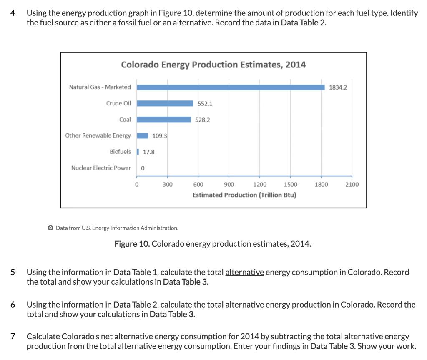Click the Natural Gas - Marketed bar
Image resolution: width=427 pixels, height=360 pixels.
[231, 87]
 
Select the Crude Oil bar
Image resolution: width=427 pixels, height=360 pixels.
[165, 103]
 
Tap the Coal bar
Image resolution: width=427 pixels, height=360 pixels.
[164, 120]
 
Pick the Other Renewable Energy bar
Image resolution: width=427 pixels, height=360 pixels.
[143, 135]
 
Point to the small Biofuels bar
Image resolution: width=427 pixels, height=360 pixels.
[138, 152]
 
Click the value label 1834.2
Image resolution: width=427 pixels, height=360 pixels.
[338, 87]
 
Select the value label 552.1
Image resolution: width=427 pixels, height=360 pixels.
[205, 104]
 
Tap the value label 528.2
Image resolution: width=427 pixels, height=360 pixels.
[203, 120]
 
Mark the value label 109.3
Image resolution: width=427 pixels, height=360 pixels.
[160, 136]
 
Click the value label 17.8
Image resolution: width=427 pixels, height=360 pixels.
[148, 152]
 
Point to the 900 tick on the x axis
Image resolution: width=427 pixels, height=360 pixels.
[229, 184]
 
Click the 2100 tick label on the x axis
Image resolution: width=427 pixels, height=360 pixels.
[352, 184]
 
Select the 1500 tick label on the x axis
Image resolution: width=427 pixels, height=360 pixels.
[290, 184]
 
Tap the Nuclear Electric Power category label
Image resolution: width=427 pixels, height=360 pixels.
[100, 168]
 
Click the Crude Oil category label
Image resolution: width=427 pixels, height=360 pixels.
[118, 103]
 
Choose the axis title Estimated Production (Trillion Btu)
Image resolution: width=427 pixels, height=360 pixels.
[244, 195]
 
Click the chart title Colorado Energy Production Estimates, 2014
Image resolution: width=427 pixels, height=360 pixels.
[213, 65]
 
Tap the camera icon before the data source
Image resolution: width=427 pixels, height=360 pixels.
[50, 228]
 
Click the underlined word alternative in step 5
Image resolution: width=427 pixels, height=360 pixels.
[244, 272]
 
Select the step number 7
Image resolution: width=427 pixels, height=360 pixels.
[13, 336]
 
